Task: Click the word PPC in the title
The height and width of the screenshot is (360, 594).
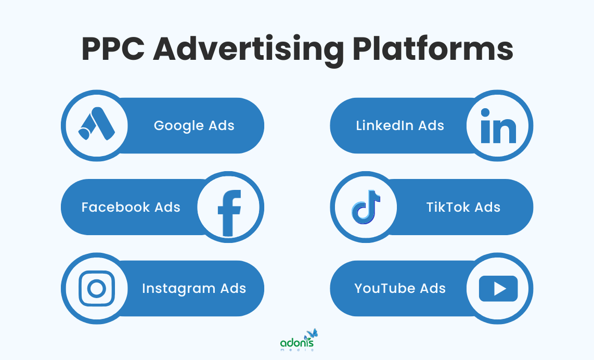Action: pos(112,49)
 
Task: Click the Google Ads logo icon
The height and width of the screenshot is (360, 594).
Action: pos(96,126)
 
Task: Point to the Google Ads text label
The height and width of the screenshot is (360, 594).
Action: pos(194,126)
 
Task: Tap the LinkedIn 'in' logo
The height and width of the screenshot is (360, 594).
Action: pos(498,126)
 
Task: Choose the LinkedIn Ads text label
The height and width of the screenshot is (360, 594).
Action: pos(400,126)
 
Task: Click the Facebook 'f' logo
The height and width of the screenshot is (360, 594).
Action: pos(229,208)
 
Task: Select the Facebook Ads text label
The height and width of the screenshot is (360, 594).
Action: pos(131,208)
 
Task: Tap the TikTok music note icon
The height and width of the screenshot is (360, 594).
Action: pos(366,207)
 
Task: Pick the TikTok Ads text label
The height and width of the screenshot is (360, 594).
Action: pos(463,208)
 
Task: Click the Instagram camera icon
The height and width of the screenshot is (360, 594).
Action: pos(96,288)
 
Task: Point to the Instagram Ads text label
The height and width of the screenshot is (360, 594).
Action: pos(194,288)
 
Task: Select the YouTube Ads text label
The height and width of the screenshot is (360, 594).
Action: pos(400,288)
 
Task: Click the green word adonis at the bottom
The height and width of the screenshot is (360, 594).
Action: pos(296,343)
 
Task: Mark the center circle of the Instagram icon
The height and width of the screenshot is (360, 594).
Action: pos(96,288)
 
